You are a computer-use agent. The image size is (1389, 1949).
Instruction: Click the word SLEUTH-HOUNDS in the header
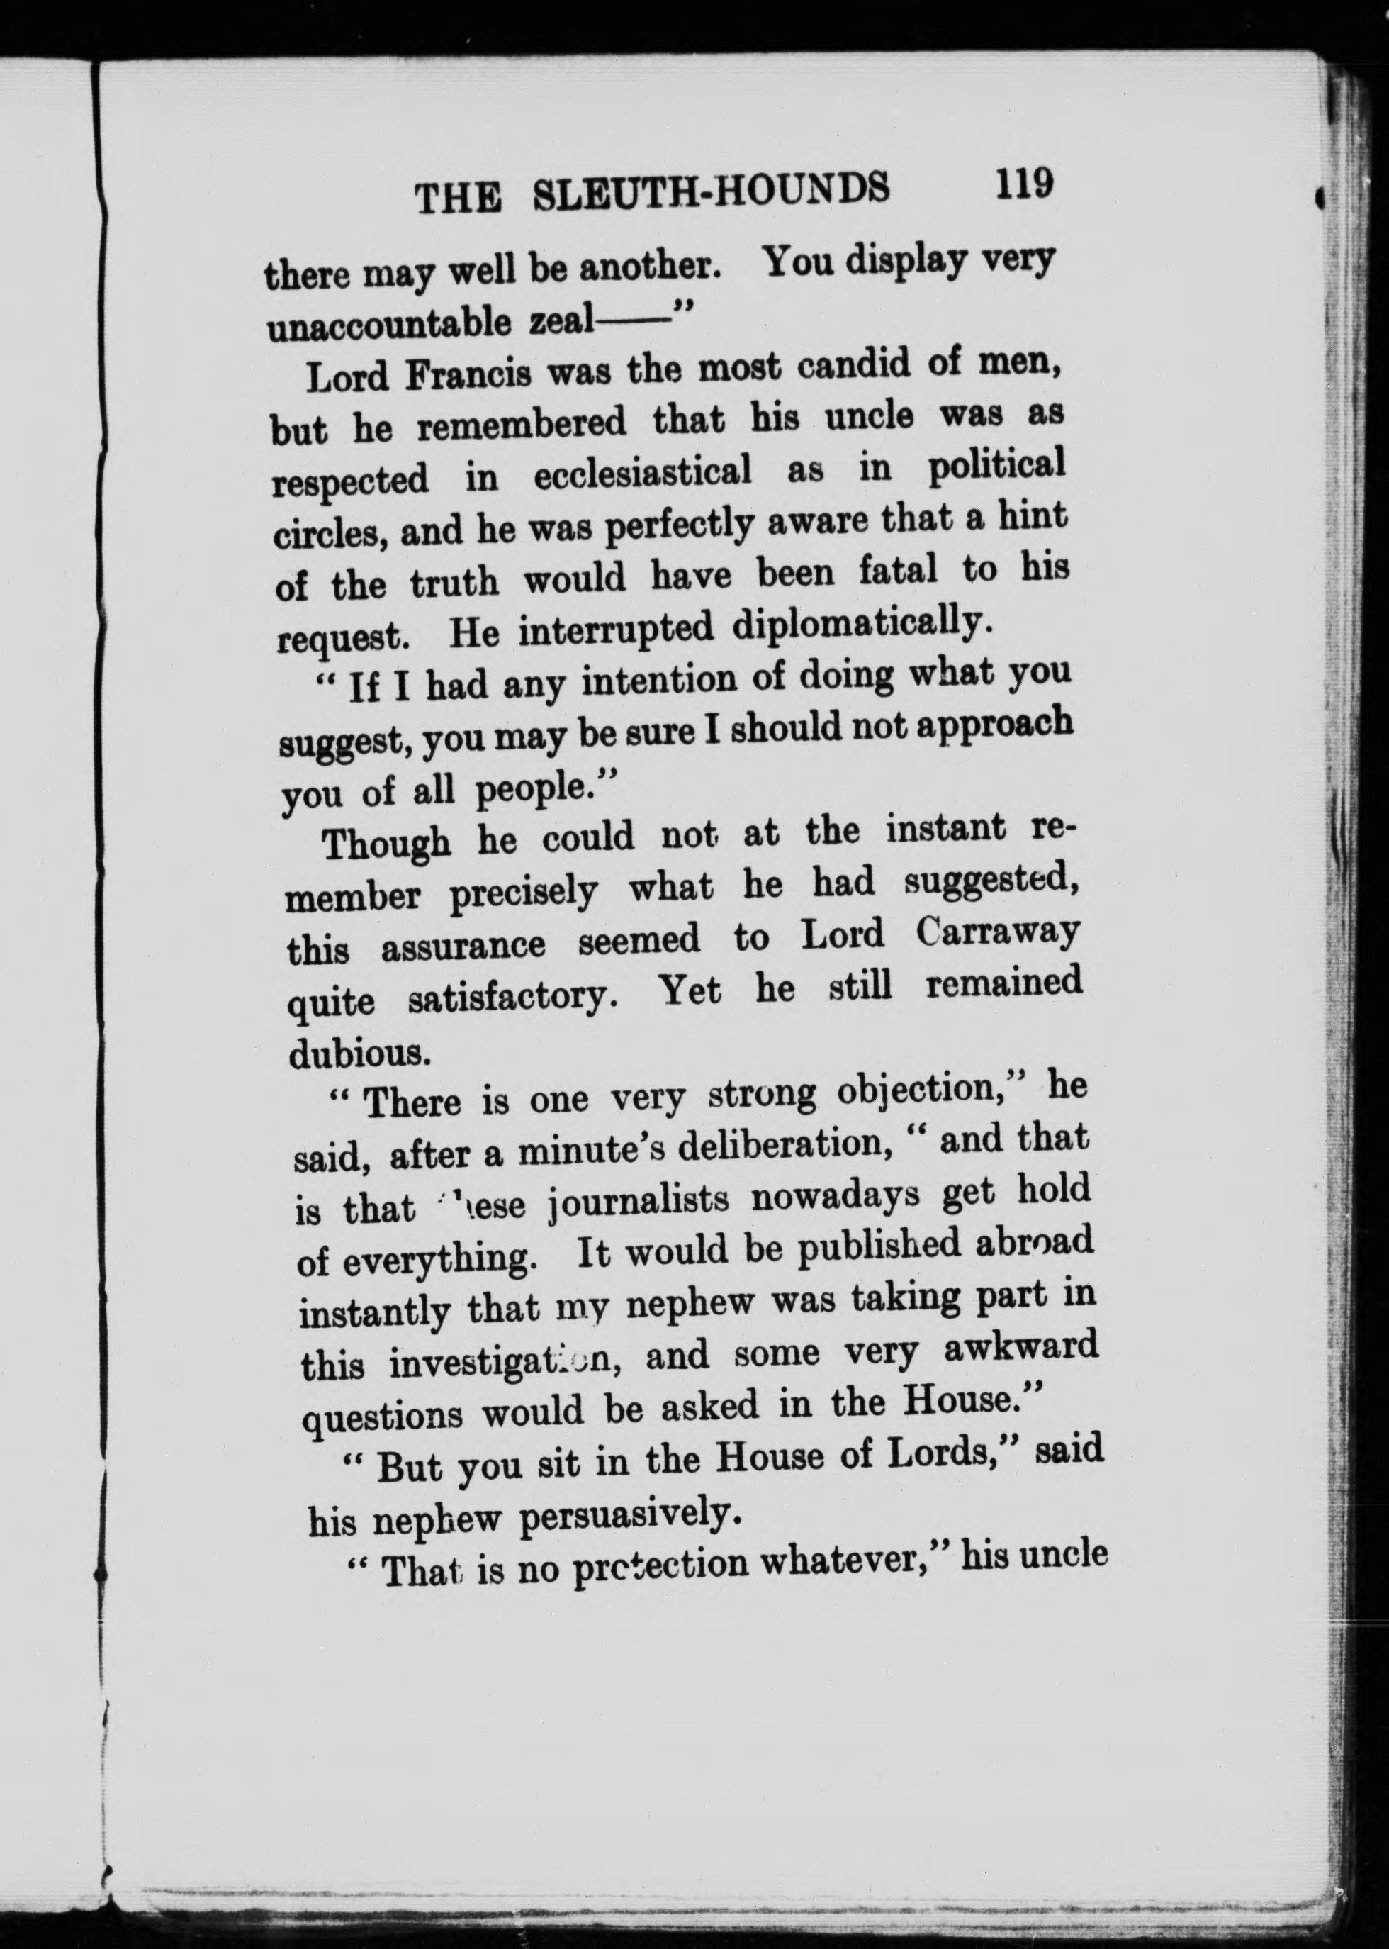point(710,189)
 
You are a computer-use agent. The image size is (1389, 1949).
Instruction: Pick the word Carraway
point(996,932)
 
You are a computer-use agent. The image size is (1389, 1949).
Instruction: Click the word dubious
point(359,1052)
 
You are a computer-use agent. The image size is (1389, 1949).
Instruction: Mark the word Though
point(387,844)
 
